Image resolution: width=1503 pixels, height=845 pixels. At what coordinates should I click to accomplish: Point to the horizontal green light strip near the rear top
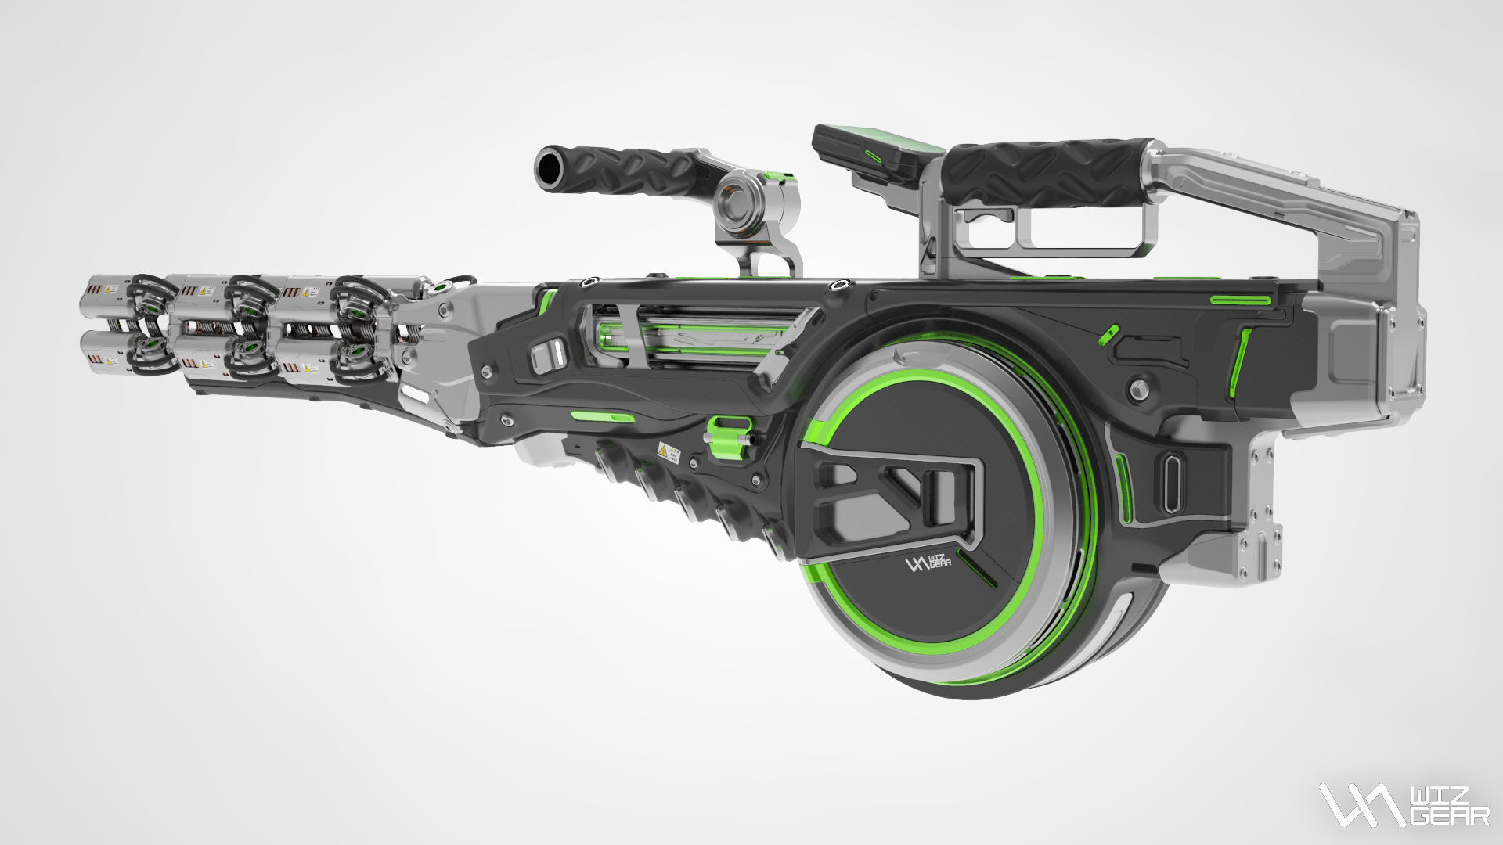tap(1240, 300)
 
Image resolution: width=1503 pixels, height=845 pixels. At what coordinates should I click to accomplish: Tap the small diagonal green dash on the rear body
tap(1107, 335)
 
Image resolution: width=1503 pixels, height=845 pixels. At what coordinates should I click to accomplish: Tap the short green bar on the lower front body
tap(602, 417)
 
